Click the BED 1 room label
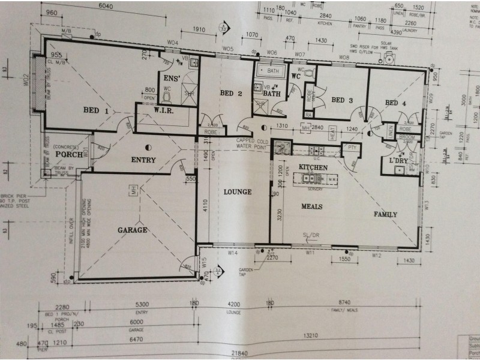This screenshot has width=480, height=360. [95, 111]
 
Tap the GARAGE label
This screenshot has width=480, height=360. [133, 229]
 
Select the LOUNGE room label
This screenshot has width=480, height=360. [238, 192]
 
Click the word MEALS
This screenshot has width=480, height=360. [312, 206]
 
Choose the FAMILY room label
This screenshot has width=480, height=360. [386, 214]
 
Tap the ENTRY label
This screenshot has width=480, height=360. [143, 160]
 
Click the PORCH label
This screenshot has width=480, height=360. [68, 154]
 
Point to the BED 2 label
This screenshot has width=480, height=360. [230, 93]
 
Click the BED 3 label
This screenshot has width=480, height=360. [342, 100]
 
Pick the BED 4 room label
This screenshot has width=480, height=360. [395, 103]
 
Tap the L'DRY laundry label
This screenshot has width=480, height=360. [398, 161]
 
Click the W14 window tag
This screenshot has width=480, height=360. [233, 253]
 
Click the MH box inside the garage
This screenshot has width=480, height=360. [133, 190]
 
